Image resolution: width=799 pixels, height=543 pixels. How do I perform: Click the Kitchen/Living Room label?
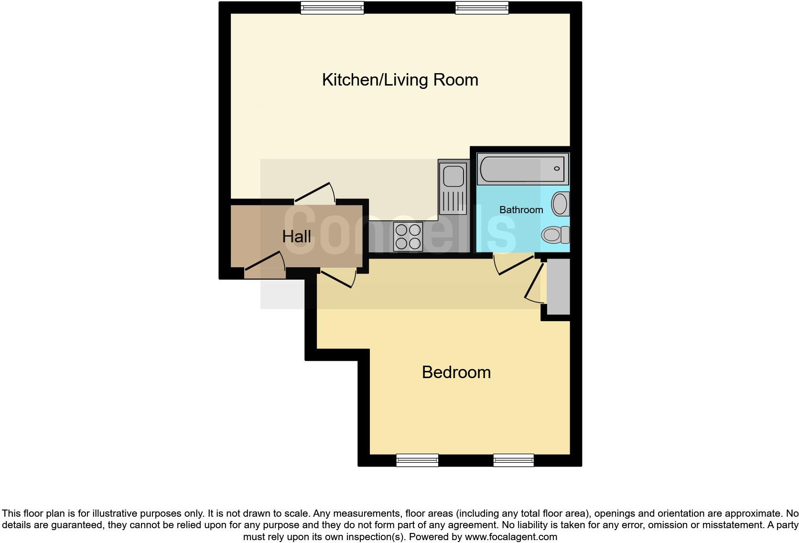pyautogui.click(x=400, y=80)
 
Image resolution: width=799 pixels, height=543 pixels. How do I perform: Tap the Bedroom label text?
pyautogui.click(x=456, y=372)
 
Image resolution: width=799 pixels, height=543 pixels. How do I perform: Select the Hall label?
pyautogui.click(x=296, y=237)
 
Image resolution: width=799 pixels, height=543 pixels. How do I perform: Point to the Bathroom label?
pyautogui.click(x=521, y=210)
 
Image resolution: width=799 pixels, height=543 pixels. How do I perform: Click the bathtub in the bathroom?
pyautogui.click(x=523, y=169)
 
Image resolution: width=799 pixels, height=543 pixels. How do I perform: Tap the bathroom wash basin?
pyautogui.click(x=560, y=204)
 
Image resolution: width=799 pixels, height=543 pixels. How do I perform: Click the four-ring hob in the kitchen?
pyautogui.click(x=408, y=237)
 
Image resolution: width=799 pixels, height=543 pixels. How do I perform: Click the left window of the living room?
pyautogui.click(x=332, y=7)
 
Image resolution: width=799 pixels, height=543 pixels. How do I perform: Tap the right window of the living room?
pyautogui.click(x=481, y=7)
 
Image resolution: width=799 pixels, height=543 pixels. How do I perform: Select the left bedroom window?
pyautogui.click(x=417, y=460)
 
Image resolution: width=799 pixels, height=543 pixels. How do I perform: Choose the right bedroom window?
pyautogui.click(x=513, y=460)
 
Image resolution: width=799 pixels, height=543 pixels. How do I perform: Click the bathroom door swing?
pyautogui.click(x=514, y=265)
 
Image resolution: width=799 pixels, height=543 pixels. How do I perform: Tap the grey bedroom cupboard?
pyautogui.click(x=558, y=287)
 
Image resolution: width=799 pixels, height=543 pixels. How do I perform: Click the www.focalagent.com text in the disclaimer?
pyautogui.click(x=511, y=537)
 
